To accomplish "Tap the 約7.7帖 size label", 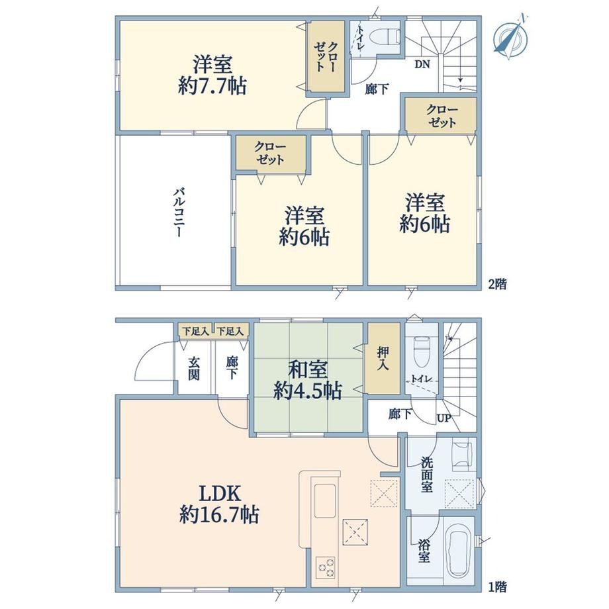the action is (x=212, y=85).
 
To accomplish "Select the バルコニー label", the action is (x=179, y=212).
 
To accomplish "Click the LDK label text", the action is (x=220, y=494).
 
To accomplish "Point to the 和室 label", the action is (x=308, y=369).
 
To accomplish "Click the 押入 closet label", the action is (x=383, y=358).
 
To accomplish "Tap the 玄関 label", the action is (x=194, y=368).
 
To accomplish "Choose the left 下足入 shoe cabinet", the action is (x=196, y=331).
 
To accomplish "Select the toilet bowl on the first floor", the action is (x=422, y=351).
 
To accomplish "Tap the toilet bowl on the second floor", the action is (x=384, y=37).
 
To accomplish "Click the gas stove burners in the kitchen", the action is (x=326, y=567).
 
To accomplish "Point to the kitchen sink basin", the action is (x=325, y=500).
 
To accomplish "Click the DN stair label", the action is (x=422, y=64).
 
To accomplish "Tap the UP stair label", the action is (x=444, y=418).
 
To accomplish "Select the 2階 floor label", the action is (x=498, y=284).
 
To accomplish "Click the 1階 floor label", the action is (x=498, y=587).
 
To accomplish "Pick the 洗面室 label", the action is (x=426, y=475).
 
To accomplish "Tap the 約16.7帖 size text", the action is (x=219, y=515).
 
